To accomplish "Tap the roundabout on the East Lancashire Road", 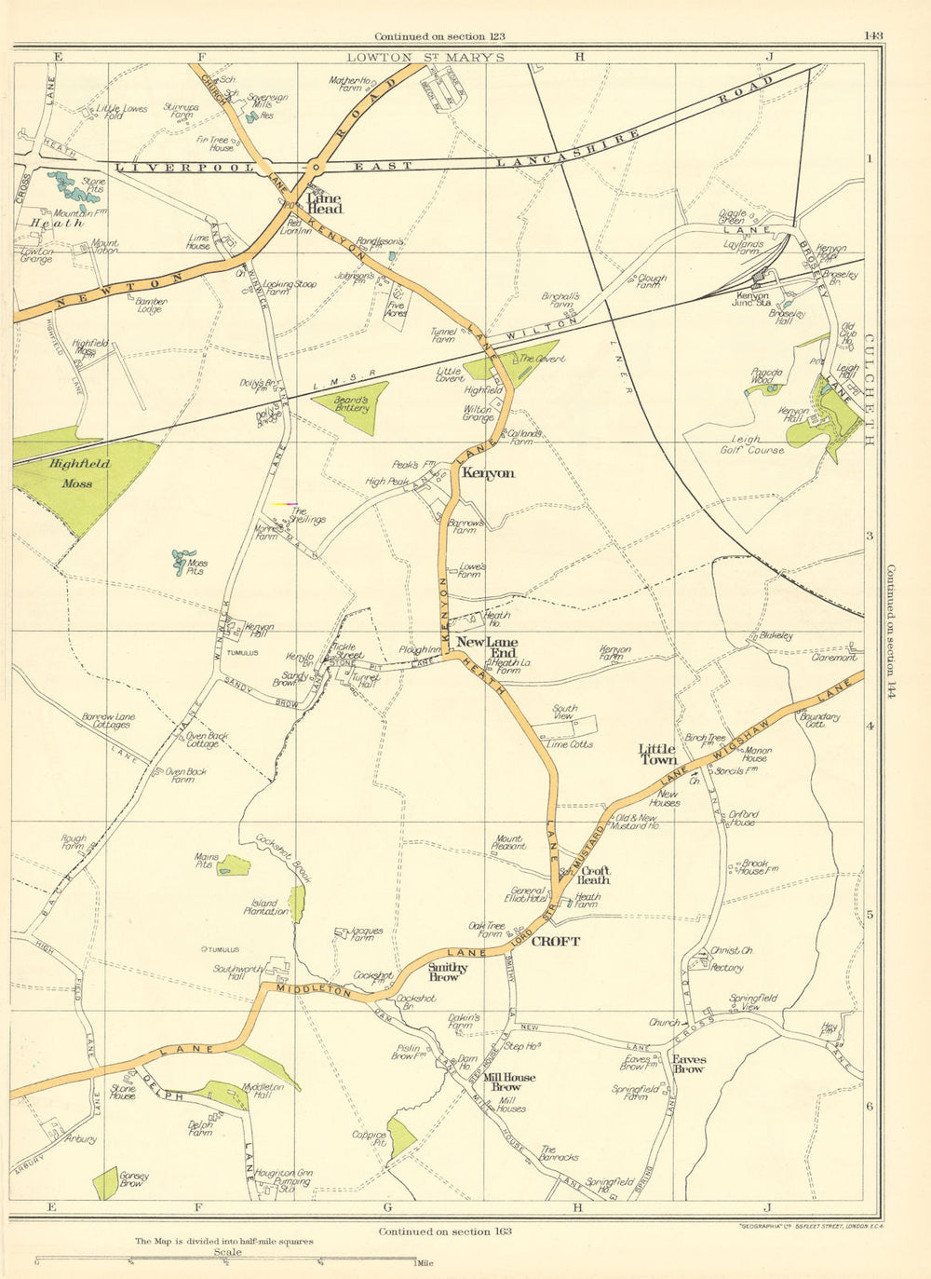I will (x=317, y=168).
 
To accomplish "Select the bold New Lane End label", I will (x=487, y=648).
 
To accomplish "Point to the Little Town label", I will (x=657, y=754).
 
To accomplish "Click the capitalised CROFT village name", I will (x=555, y=942).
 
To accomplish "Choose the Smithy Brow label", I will (x=447, y=972).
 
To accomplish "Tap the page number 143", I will (x=872, y=36).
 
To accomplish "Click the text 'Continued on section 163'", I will (x=444, y=1231).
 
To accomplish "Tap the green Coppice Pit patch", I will (x=402, y=1137).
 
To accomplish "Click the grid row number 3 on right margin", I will (x=870, y=536).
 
